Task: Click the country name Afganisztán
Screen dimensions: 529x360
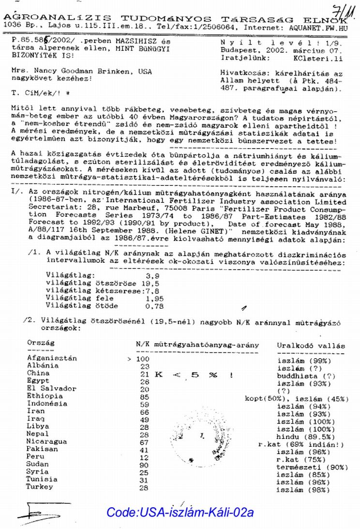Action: pyautogui.click(x=52, y=358)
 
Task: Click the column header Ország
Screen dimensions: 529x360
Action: pyautogui.click(x=40, y=343)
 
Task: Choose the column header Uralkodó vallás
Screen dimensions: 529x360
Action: pyautogui.click(x=311, y=346)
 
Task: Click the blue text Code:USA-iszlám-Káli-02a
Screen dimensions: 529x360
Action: pyautogui.click(x=180, y=512)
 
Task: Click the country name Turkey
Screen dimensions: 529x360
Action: pyautogui.click(x=40, y=487)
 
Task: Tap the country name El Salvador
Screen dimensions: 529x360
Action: pyautogui.click(x=52, y=388)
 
